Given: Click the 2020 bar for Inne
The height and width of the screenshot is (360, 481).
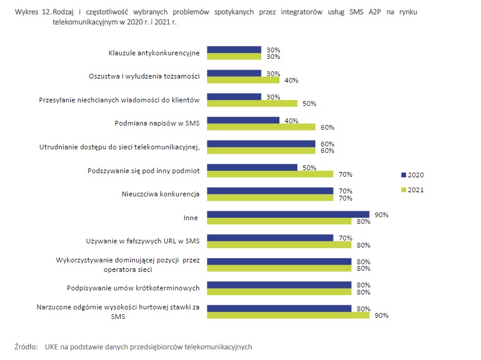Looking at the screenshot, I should coord(288,214).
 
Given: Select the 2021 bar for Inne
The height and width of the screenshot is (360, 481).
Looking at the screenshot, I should coord(279,221).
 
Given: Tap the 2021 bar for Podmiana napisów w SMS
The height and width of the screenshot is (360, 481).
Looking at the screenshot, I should coord(260,127).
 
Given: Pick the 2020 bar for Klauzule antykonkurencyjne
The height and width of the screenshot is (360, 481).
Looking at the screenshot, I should coord(234,50).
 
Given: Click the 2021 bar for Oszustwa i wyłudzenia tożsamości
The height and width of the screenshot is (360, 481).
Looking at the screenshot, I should coord(243,80).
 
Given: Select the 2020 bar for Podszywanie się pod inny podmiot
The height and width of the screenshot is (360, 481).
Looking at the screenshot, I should coord(251,167).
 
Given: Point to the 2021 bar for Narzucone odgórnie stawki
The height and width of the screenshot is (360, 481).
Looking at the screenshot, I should coord(288,315).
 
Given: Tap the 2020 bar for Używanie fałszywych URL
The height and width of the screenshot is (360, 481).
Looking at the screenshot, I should coord(269,237).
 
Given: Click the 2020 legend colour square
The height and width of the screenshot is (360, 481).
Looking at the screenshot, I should coord(404,175).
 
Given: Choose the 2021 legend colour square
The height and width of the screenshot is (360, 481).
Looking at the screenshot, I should coord(404,190).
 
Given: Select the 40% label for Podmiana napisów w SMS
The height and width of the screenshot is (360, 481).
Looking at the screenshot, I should coord(291,120).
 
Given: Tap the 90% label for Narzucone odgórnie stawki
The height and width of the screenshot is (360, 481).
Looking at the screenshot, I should coord(381,315).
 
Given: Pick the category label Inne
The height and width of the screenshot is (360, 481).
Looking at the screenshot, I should coord(191,218).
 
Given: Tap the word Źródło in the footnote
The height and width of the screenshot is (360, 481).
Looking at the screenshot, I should coord(26,346).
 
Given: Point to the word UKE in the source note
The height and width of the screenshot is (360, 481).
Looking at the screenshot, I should coord(51,346).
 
